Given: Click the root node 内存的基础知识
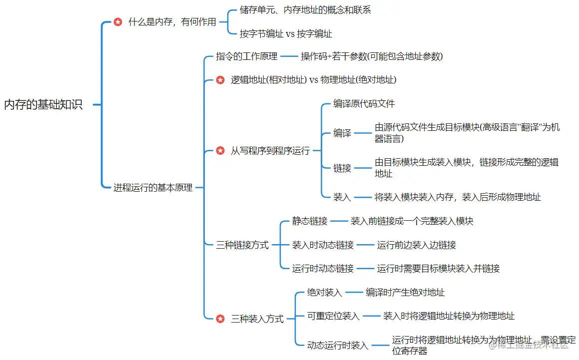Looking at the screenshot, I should point(43,105).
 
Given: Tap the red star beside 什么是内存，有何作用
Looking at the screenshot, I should point(118,22).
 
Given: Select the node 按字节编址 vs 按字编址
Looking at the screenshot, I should point(286,34).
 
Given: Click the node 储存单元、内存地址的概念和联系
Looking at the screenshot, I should point(305,10).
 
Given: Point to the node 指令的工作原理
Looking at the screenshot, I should point(246,56).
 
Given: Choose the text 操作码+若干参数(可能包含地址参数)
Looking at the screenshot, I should point(372,56).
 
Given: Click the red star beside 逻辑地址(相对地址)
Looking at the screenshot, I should point(220,80).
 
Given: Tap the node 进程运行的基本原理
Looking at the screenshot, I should point(153,188).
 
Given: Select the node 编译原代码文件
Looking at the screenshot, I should point(364,104).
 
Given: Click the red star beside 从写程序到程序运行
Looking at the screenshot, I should point(220,150).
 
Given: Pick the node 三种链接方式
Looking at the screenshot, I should point(242,245).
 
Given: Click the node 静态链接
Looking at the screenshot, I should point(310,221).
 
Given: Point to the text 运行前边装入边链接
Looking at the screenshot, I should point(417,245).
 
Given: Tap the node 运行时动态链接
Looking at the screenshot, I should point(323,269).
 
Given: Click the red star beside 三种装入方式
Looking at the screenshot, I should point(220,319).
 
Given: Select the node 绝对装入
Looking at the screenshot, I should point(324,293).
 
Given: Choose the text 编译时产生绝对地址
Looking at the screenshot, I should point(405,293).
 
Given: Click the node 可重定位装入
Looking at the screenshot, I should point(333,316).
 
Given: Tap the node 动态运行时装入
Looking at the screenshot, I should point(338,345).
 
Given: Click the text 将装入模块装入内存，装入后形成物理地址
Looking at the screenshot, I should point(458,197).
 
